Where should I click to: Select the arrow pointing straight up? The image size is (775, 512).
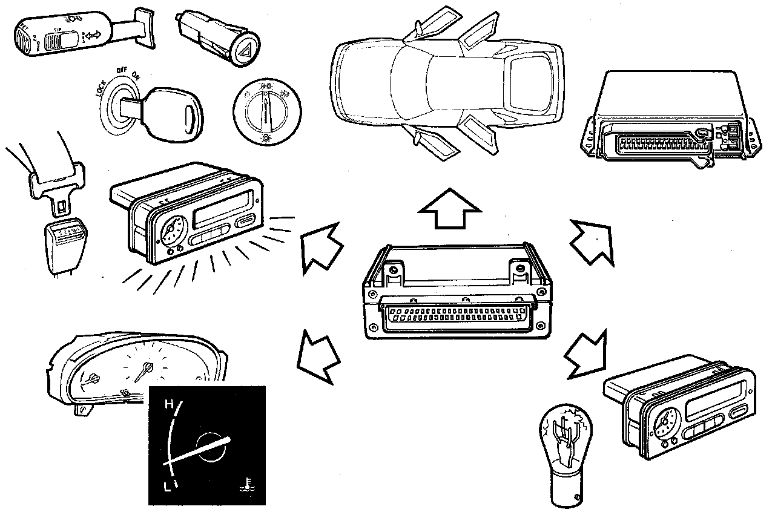coord(450,208)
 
